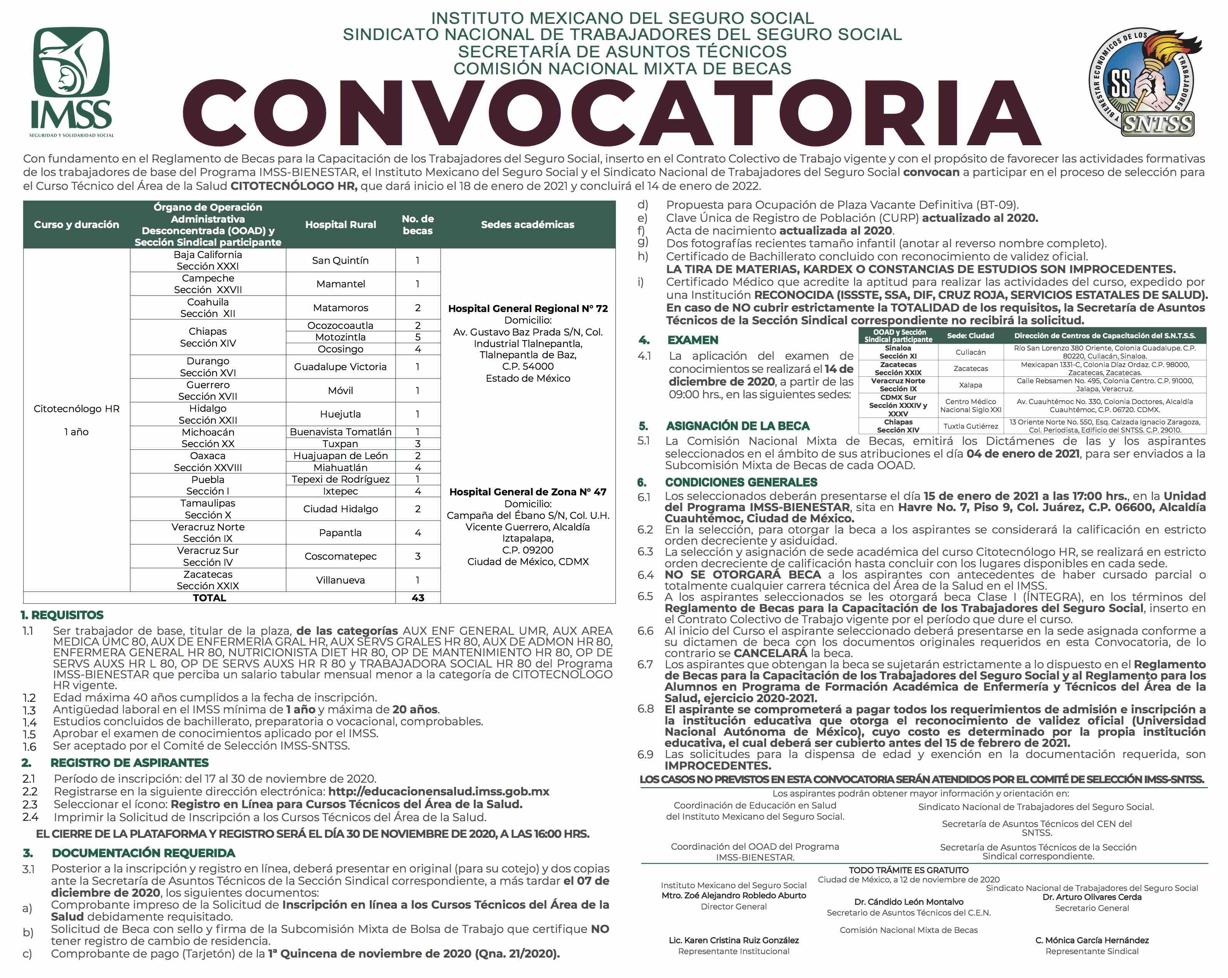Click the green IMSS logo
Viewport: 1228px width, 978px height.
(x=71, y=80)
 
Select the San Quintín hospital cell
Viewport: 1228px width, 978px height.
(x=340, y=260)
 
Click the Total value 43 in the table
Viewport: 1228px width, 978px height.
(x=418, y=597)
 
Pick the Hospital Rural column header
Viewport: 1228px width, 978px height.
(x=340, y=225)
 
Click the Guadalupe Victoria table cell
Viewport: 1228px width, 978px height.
(x=340, y=367)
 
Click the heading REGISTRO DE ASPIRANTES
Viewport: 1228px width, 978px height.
(x=129, y=762)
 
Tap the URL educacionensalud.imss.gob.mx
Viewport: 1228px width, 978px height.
(x=439, y=791)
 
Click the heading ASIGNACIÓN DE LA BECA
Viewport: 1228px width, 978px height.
(x=738, y=426)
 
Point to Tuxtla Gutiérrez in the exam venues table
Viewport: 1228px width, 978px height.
(x=971, y=426)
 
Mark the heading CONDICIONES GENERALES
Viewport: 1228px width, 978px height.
(x=741, y=482)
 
